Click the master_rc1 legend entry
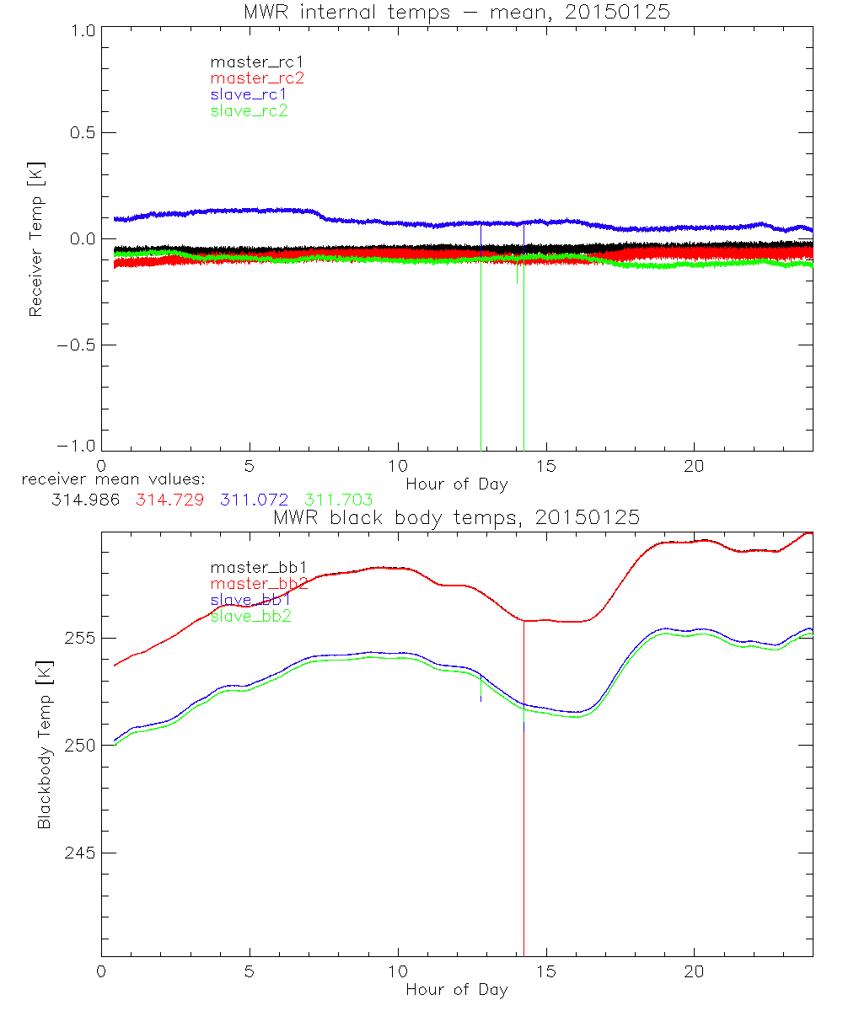tap(249, 62)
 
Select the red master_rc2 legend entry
tap(257, 78)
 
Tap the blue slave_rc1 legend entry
tap(249, 94)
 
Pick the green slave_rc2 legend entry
tap(249, 110)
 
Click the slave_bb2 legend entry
tap(250, 617)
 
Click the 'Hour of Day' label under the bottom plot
tap(456, 990)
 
